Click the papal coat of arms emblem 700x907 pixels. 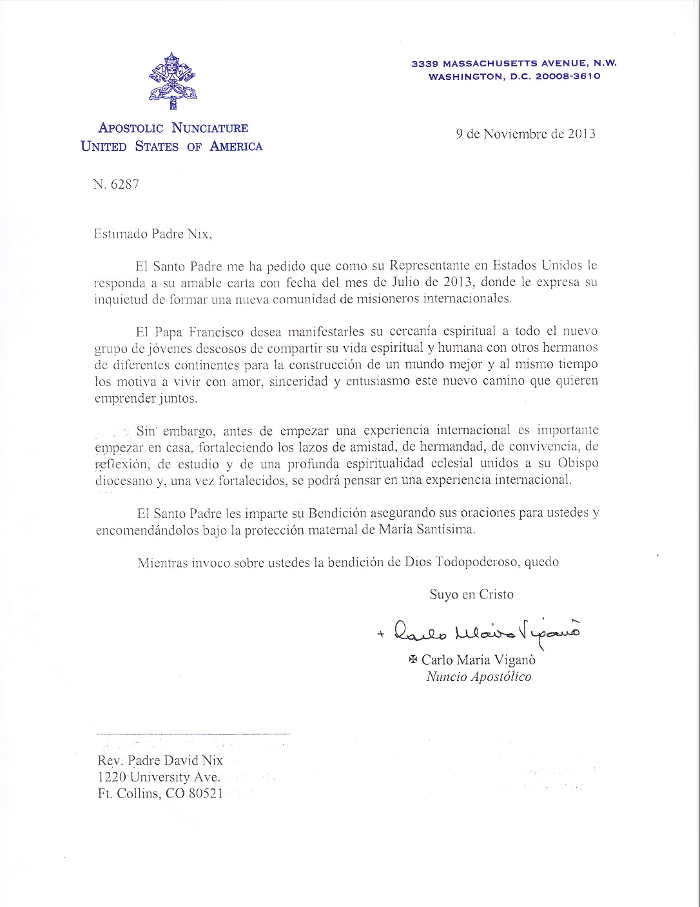pos(173,81)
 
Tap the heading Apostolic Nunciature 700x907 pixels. pos(173,128)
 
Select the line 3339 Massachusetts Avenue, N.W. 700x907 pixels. pos(514,63)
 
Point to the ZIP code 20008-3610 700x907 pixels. pos(568,76)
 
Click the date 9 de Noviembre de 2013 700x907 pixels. pos(525,134)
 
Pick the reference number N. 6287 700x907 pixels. pos(116,184)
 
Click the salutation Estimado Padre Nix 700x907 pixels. pos(153,234)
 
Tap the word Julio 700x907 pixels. pos(405,282)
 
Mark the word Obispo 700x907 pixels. pos(578,463)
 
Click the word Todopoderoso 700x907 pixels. pos(477,562)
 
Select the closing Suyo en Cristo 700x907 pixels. pos(472,595)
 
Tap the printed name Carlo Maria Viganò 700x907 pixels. pos(478,660)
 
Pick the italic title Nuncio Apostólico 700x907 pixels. pos(479,677)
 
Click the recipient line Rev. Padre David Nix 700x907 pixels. pos(160,761)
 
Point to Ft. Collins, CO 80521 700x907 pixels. pos(160,794)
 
